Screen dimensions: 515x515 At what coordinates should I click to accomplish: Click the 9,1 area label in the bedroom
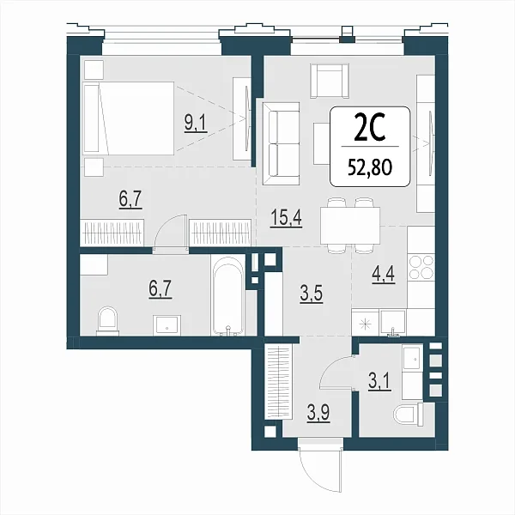pos(196,124)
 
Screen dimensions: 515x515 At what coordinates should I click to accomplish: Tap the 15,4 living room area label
pos(287,218)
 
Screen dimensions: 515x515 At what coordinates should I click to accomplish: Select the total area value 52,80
pos(370,167)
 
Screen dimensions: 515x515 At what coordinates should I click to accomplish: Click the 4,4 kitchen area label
pos(384,275)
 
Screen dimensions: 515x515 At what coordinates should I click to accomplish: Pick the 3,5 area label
pos(311,294)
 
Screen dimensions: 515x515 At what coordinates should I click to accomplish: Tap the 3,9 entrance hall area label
pos(318,413)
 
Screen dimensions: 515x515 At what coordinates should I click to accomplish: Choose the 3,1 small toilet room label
pos(379,382)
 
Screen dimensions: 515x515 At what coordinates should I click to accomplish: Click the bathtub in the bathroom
pos(228,295)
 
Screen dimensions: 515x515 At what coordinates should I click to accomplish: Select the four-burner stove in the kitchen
pos(421,267)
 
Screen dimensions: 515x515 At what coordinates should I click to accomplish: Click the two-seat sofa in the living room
pos(281,143)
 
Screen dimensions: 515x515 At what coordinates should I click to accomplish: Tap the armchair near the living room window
pos(330,81)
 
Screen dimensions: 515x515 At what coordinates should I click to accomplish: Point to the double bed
pos(129,118)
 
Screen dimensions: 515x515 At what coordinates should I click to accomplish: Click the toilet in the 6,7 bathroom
pos(107,321)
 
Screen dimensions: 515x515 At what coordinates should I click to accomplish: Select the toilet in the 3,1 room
pos(408,415)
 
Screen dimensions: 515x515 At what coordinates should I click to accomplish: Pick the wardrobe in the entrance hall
pos(278,380)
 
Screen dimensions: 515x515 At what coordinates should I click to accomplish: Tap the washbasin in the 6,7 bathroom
pos(167,325)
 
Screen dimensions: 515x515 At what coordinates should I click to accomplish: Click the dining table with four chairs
pos(350,225)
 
